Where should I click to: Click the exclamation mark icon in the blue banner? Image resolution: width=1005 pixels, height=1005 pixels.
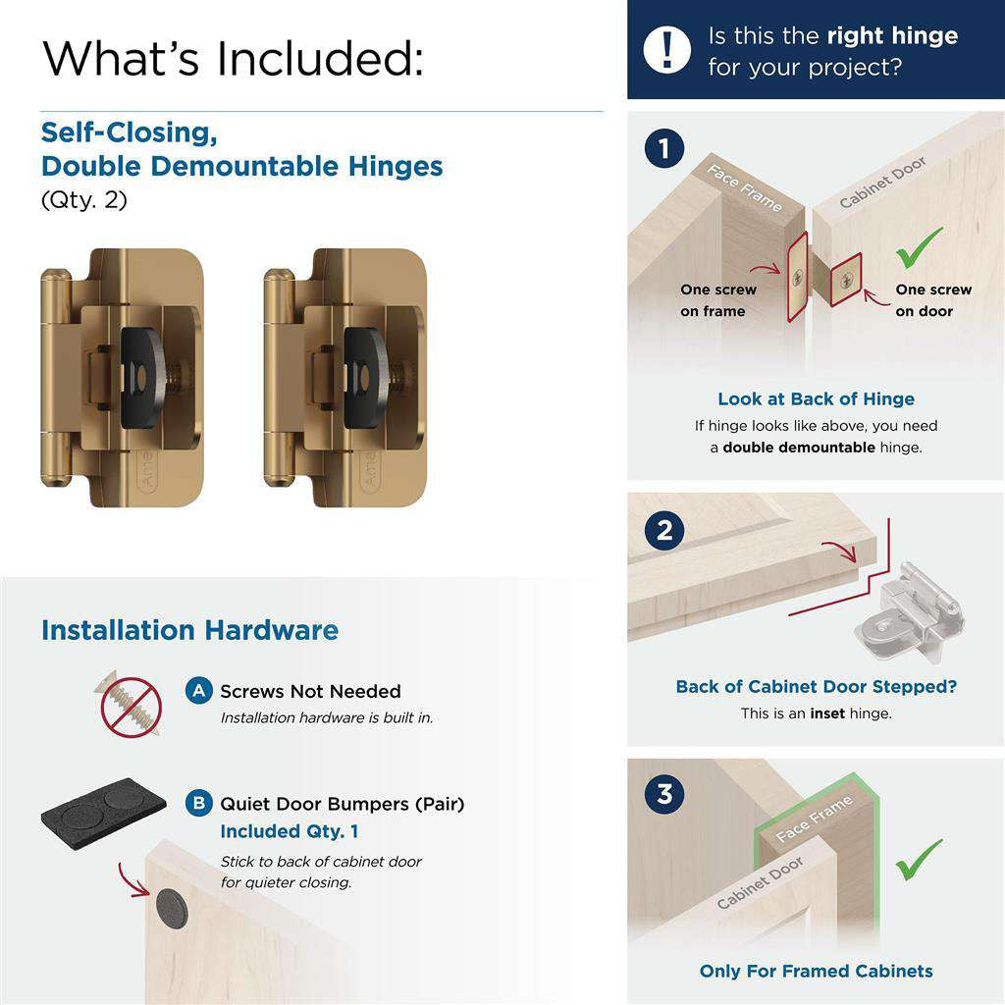click(667, 48)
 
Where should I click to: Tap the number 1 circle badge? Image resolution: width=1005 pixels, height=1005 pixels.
click(664, 150)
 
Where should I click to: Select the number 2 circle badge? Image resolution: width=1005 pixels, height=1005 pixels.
click(664, 531)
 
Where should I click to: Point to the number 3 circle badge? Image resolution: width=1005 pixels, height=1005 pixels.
click(664, 793)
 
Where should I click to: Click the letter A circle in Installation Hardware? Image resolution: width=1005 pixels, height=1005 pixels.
click(199, 691)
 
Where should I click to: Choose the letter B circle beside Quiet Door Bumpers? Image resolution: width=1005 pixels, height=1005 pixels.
click(199, 804)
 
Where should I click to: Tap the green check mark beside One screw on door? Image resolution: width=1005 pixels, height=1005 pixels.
click(920, 247)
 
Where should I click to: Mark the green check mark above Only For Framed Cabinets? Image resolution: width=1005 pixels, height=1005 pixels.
click(920, 859)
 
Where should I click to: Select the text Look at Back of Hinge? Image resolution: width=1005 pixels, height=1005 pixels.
click(816, 398)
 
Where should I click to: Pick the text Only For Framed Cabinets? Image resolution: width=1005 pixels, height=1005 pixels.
click(816, 971)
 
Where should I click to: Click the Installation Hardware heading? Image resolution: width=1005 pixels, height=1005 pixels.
click(189, 630)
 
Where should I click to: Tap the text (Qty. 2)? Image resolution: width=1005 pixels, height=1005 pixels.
click(84, 199)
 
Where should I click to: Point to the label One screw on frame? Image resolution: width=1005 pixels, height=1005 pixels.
click(717, 300)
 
